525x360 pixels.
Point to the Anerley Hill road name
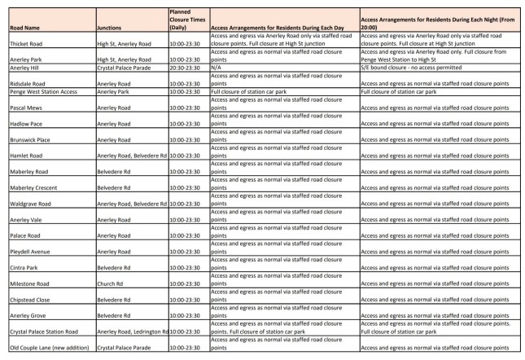pos(22,68)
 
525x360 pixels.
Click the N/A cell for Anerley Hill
pos(217,68)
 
